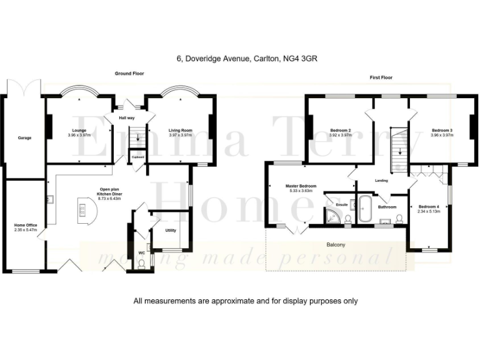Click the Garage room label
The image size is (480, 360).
(x=24, y=137)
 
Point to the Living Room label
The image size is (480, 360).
(x=180, y=131)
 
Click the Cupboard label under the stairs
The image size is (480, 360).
(x=137, y=157)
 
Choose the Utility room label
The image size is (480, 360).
(x=171, y=231)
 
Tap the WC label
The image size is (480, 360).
(x=141, y=253)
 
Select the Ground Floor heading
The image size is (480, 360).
(x=129, y=74)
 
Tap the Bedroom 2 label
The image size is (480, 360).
(x=341, y=131)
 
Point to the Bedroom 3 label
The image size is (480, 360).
(x=442, y=131)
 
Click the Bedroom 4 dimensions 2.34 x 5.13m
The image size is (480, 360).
(x=429, y=211)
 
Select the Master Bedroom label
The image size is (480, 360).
(x=301, y=186)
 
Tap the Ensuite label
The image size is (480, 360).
(x=341, y=204)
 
